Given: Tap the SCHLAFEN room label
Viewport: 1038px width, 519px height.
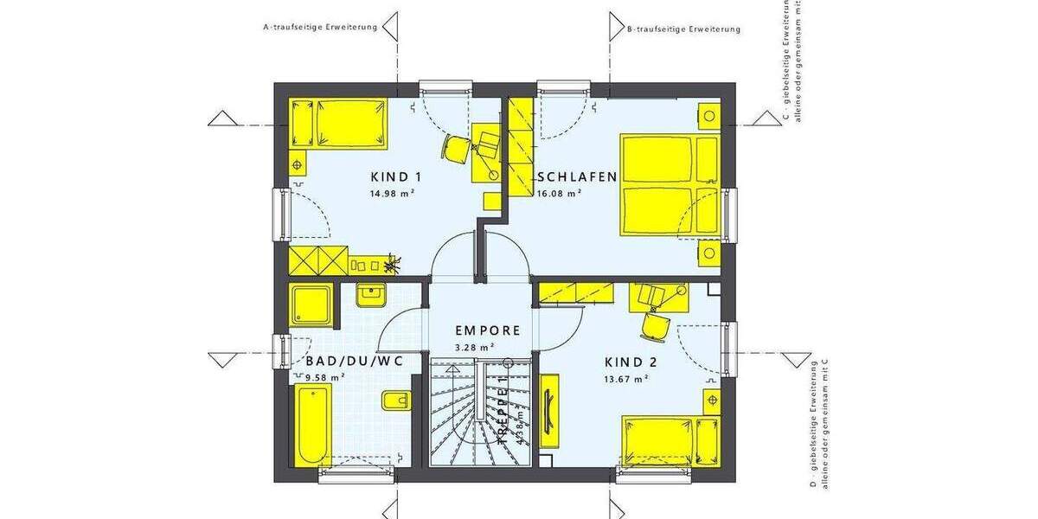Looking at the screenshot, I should (577, 176).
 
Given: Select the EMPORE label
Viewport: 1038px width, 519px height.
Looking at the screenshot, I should (488, 330).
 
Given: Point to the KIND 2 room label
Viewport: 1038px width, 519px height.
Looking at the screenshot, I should (637, 362).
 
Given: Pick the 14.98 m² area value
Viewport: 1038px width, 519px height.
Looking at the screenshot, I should (393, 194).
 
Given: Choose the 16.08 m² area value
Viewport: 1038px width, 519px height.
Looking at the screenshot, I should (559, 194).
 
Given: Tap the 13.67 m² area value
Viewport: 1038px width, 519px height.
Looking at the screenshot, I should (626, 379).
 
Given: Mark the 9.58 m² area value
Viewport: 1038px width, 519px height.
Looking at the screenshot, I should (325, 376).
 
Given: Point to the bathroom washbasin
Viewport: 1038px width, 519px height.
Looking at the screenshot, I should (369, 295).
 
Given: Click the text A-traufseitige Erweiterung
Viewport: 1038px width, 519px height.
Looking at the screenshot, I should (320, 28).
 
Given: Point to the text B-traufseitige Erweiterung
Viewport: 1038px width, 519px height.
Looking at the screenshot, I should (683, 29).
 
